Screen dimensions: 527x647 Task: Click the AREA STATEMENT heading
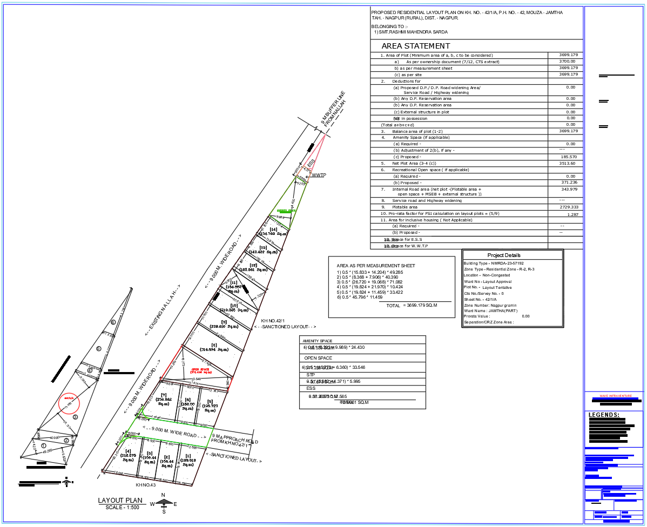coord(415,46)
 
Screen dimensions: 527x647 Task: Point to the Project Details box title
coord(504,255)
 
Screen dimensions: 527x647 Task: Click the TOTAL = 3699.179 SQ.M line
coord(412,306)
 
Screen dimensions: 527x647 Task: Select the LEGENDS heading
coord(604,415)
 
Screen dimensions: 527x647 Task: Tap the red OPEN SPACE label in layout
coord(200,371)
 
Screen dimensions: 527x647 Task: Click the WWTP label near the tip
coord(318,175)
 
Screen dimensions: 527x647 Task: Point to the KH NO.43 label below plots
coord(145,484)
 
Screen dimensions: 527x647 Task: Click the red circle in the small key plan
coord(69,402)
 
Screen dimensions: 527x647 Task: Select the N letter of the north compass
coord(163,495)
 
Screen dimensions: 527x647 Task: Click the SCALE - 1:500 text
coord(123,507)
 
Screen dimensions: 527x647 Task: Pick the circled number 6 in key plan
coord(113,322)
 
